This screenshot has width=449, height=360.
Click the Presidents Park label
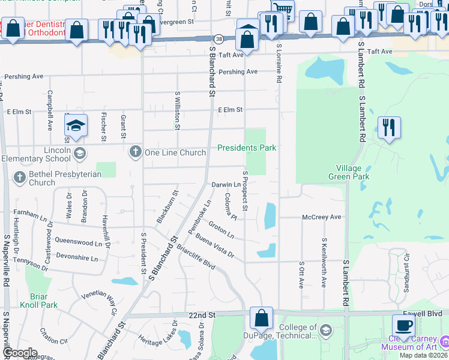(246, 148)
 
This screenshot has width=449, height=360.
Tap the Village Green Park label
(348, 172)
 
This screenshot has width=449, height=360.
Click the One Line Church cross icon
(136, 152)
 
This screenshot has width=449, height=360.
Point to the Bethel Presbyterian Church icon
(20, 178)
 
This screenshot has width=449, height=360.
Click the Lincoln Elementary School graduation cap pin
(76, 126)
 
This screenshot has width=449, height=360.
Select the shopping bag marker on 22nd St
(262, 318)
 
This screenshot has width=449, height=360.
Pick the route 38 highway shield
(219, 38)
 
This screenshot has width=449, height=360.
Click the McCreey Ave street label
(321, 217)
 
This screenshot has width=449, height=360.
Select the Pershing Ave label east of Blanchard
(238, 71)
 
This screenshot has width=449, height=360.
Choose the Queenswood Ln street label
(79, 243)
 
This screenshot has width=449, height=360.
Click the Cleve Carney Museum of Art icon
(444, 341)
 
